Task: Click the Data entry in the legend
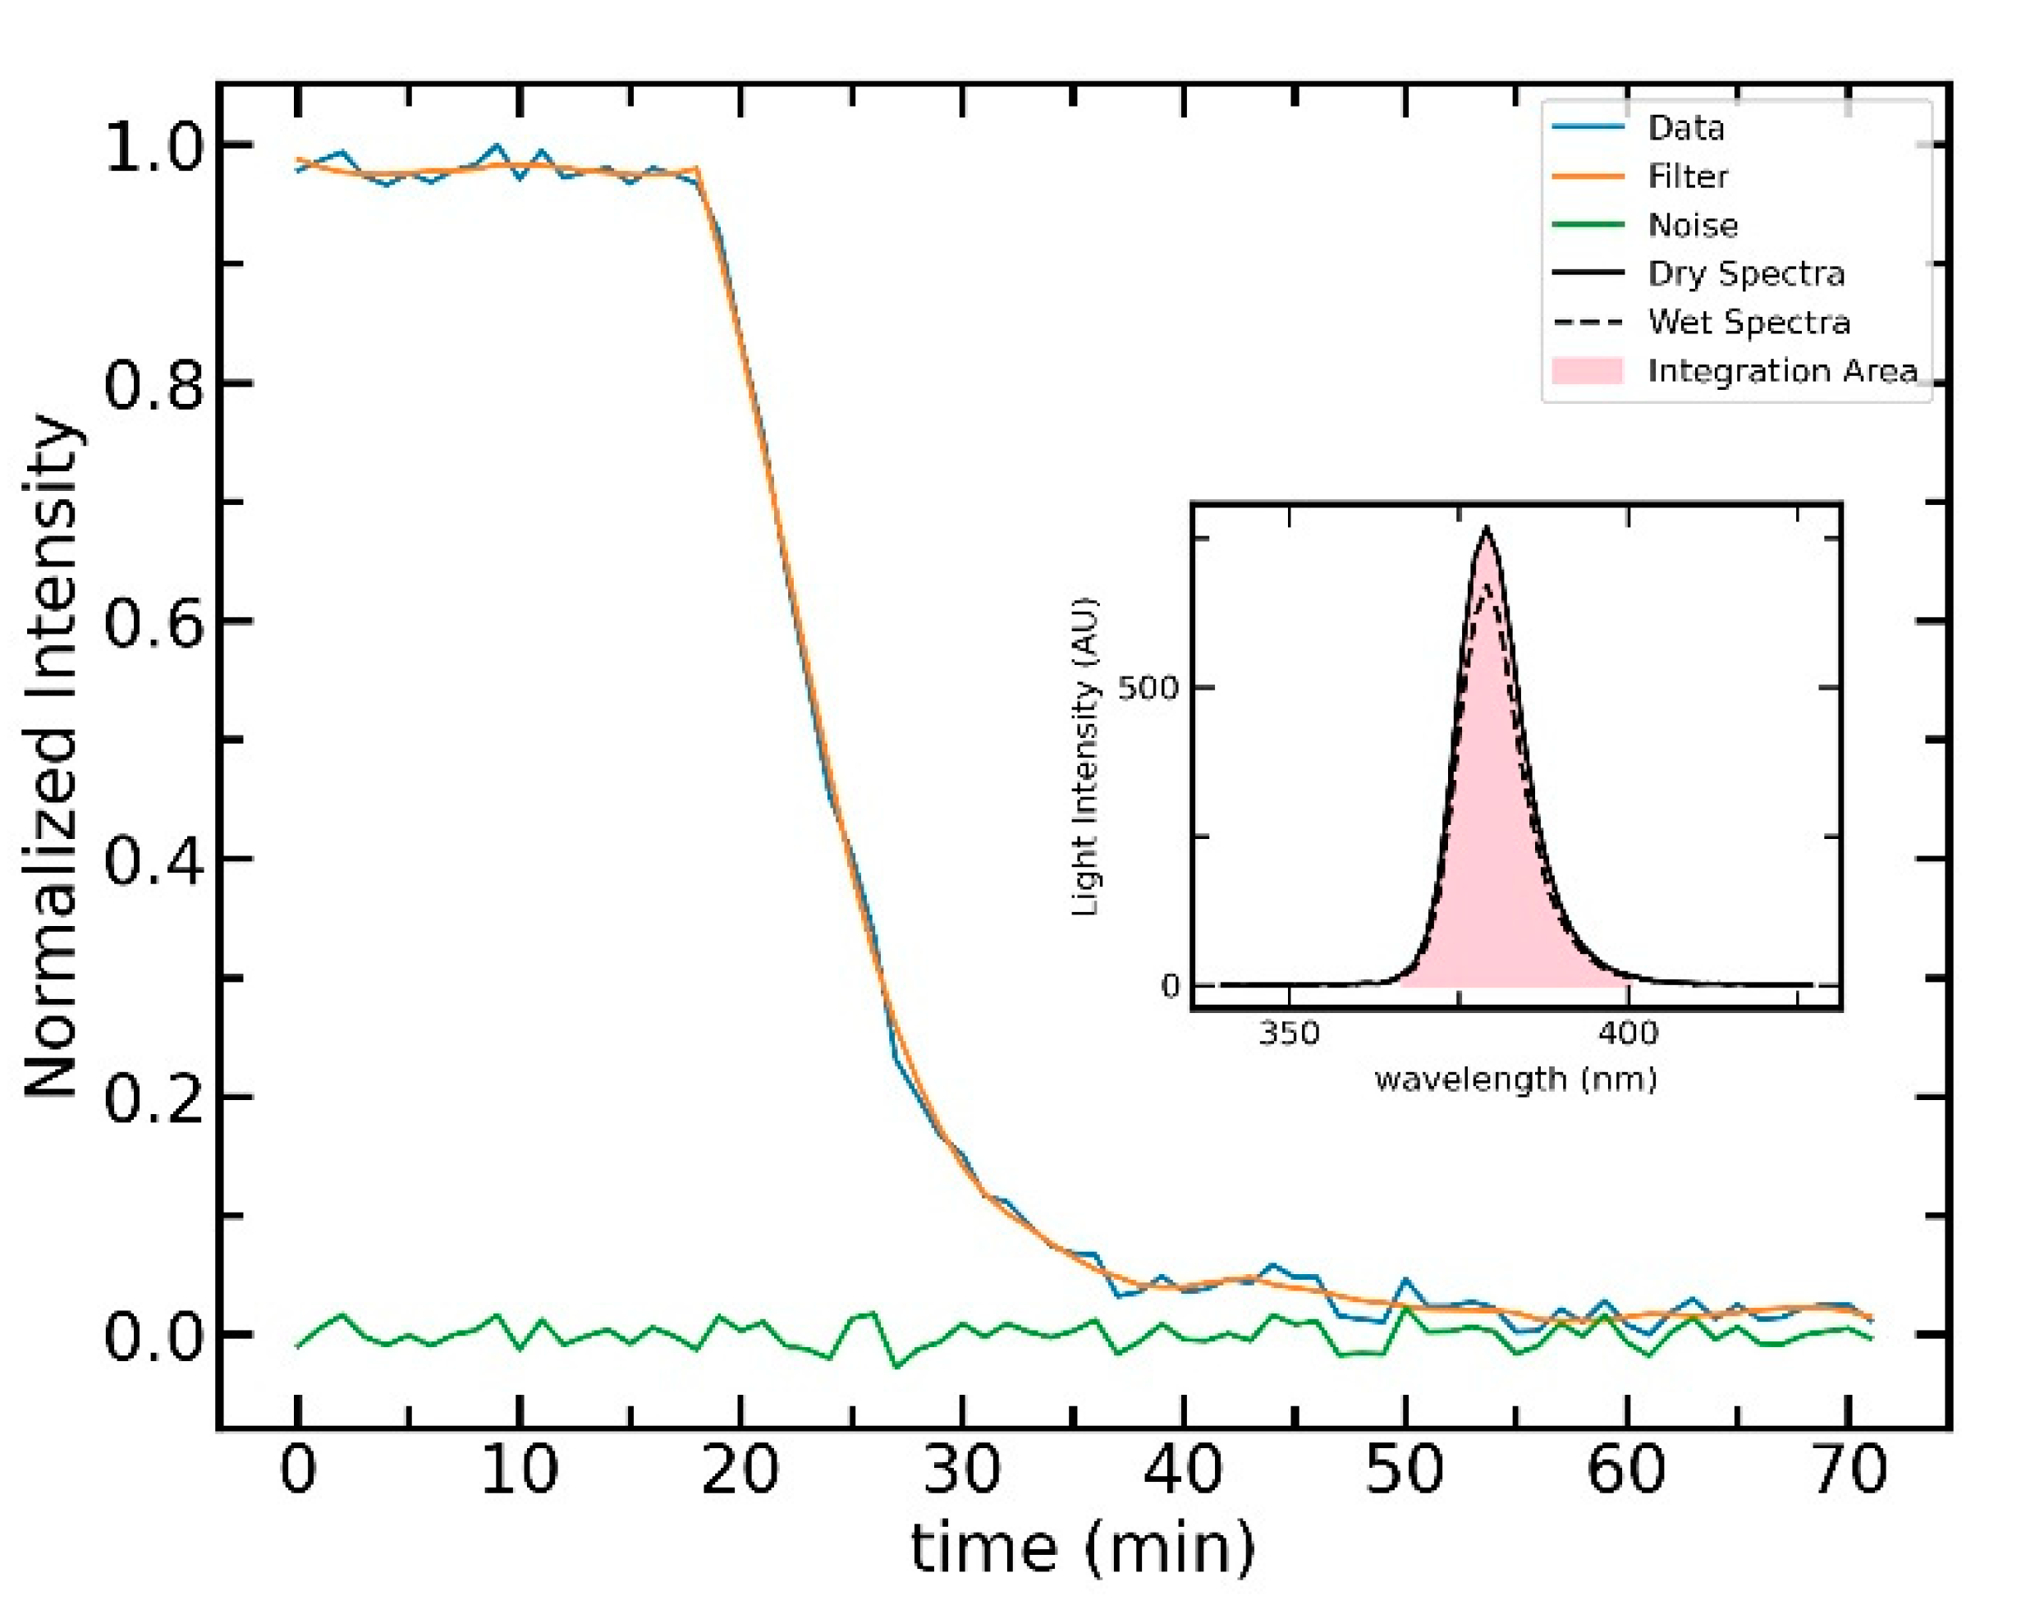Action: [x=1684, y=127]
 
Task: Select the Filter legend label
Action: [x=1687, y=177]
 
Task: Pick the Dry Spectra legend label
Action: [x=1745, y=274]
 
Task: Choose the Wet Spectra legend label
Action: [x=1748, y=322]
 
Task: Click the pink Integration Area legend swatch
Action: [x=1587, y=371]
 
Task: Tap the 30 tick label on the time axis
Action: [x=962, y=1470]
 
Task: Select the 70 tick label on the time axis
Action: [x=1849, y=1470]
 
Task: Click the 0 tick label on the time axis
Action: [x=298, y=1470]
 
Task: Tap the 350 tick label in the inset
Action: [x=1290, y=1033]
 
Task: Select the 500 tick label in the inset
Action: [x=1148, y=687]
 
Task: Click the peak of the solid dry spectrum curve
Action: [x=1487, y=530]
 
